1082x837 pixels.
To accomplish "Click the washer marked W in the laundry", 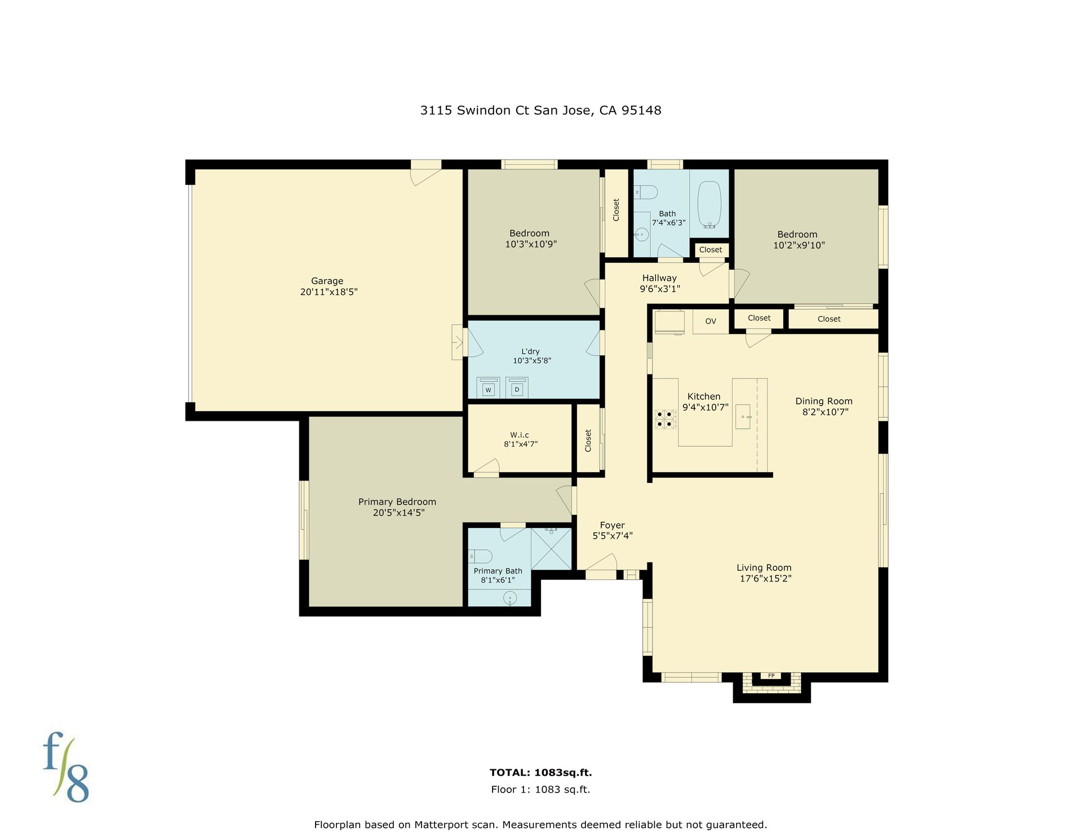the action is click(488, 387).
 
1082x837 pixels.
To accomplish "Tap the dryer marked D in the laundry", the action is click(517, 387).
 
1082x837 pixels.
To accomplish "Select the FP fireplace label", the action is click(771, 676).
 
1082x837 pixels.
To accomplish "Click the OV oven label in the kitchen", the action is click(711, 321).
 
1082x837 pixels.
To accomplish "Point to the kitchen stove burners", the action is click(665, 418).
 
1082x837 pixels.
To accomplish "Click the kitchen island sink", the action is click(743, 417).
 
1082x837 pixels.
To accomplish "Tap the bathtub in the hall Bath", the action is click(709, 205).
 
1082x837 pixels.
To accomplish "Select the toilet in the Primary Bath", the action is click(480, 557).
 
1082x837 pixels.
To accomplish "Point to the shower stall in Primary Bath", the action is click(552, 548).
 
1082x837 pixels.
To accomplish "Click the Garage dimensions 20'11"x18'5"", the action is click(329, 292).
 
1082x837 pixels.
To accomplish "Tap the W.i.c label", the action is click(520, 435).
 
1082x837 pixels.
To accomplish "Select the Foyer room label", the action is click(613, 525).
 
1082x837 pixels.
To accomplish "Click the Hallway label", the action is click(659, 278).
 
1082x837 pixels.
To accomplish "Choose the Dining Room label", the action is click(824, 401).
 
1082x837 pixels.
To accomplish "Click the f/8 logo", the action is click(66, 766).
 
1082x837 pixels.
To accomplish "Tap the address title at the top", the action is click(541, 111).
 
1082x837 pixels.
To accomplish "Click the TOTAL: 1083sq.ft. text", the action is click(541, 773).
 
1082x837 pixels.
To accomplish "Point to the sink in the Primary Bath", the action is click(510, 598).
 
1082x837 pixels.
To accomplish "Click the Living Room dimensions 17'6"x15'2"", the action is click(766, 579).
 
